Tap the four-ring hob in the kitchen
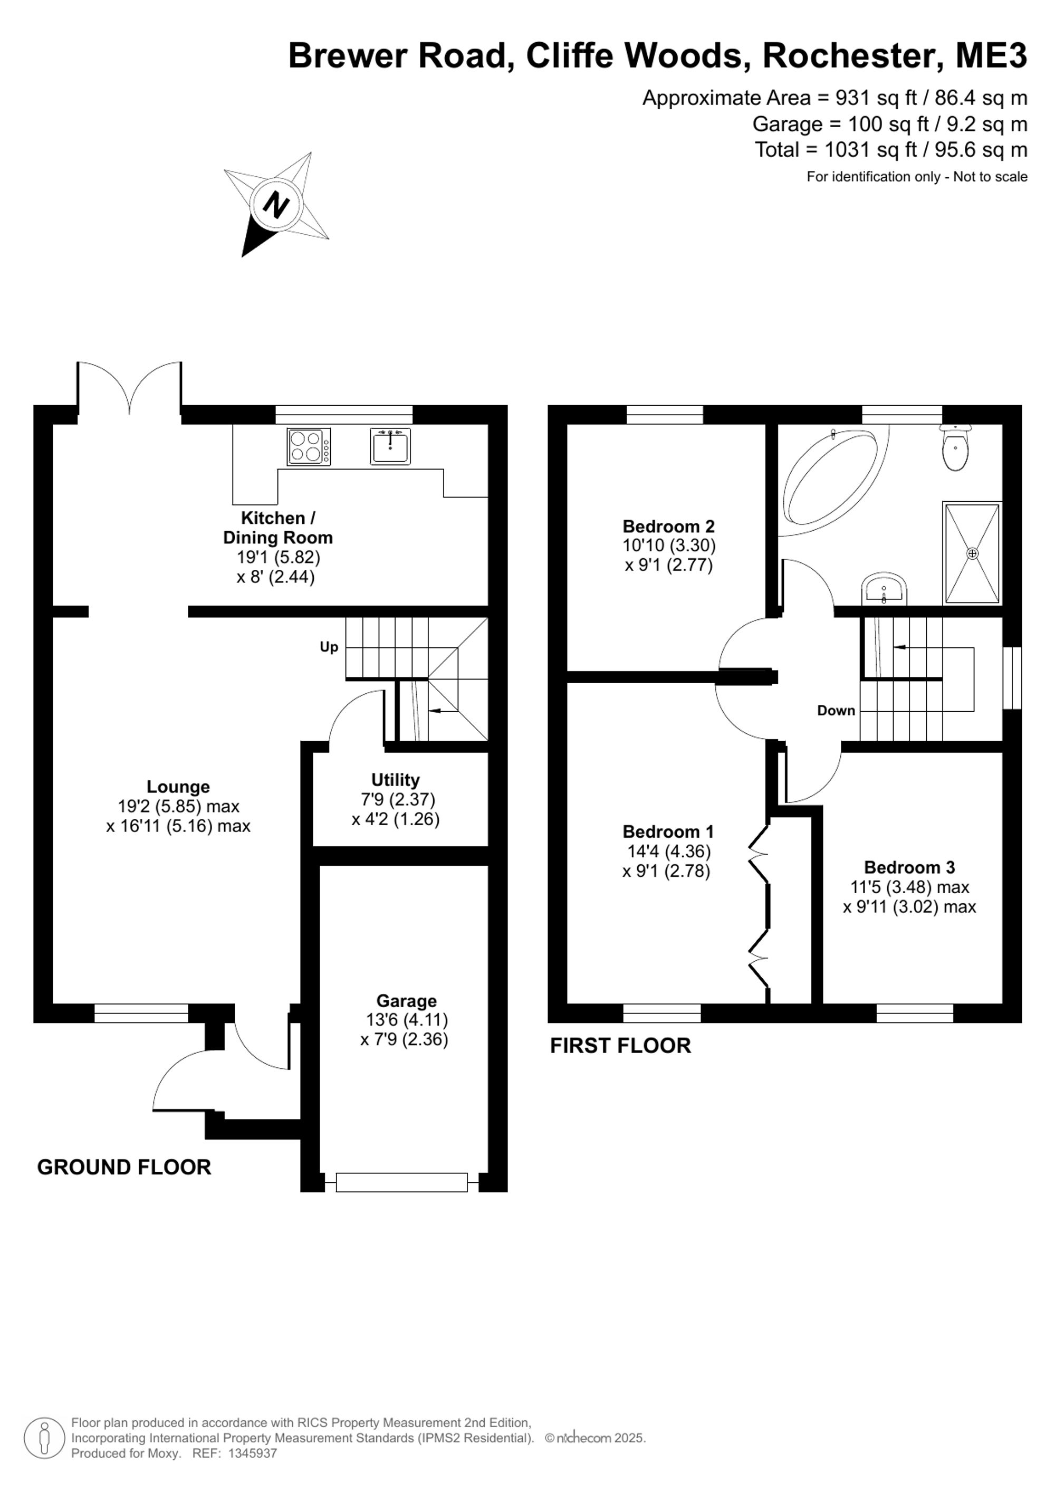tap(309, 446)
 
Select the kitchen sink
tap(390, 446)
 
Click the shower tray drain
tap(973, 553)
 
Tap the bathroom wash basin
tap(884, 589)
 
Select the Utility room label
tap(395, 780)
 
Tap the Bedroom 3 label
tap(909, 867)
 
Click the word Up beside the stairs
tap(329, 647)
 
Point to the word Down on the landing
tap(836, 710)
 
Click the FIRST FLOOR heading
tap(620, 1045)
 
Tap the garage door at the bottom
tap(402, 1182)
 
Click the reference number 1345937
tap(253, 1453)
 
